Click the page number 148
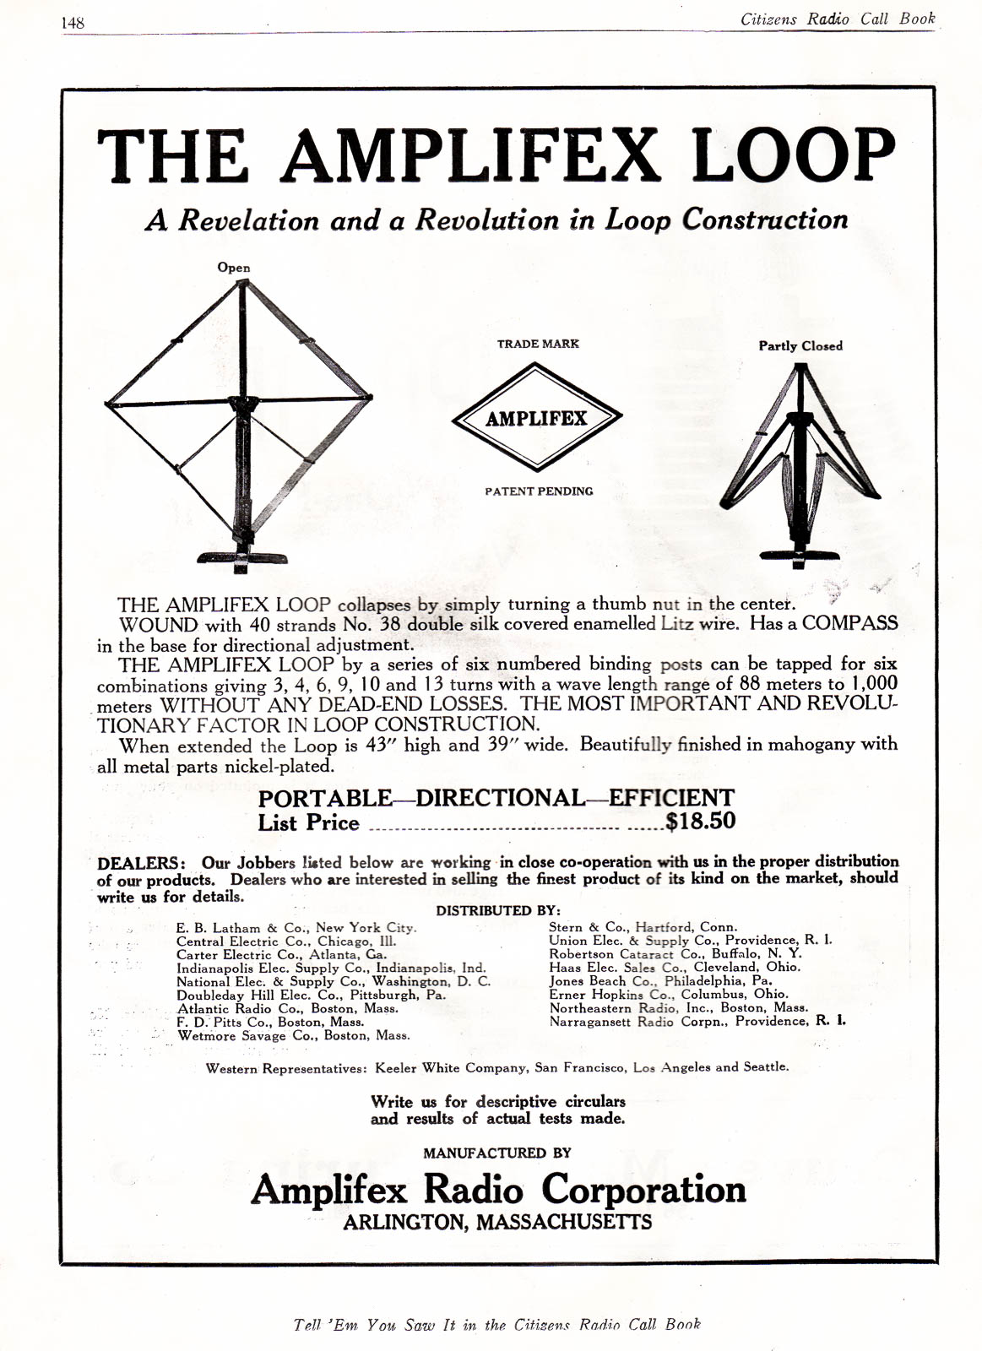73,23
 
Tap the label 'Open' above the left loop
234,268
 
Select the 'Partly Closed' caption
800,346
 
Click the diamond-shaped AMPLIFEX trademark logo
536,417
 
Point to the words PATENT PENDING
539,491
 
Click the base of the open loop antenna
241,558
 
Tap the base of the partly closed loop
799,556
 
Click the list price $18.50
700,822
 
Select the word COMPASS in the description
849,624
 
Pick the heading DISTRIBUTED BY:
498,910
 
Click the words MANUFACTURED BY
497,1153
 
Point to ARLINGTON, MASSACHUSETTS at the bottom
496,1222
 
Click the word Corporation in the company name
643,1190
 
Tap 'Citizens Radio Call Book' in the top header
837,19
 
